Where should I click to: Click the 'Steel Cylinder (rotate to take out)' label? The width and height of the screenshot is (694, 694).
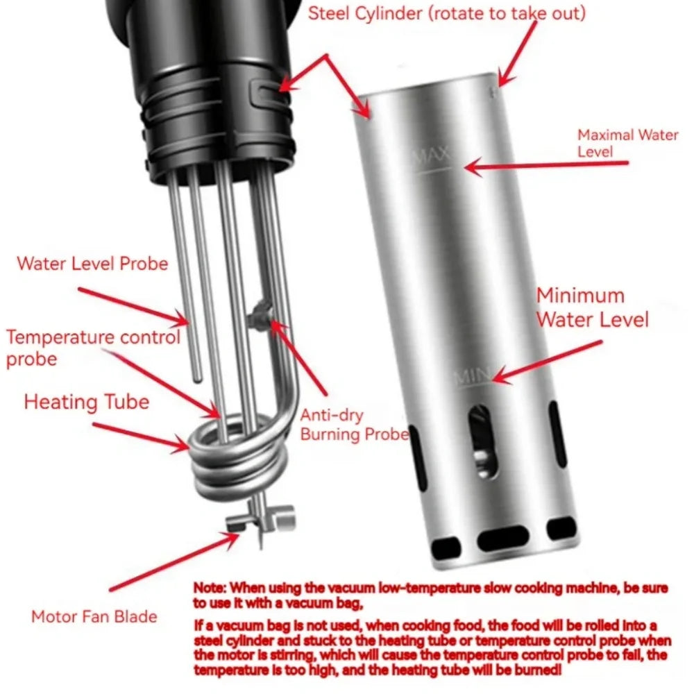pyautogui.click(x=446, y=14)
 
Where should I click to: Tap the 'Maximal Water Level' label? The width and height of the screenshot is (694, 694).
pyautogui.click(x=627, y=143)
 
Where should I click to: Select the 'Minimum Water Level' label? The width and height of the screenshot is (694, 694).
pyautogui.click(x=592, y=307)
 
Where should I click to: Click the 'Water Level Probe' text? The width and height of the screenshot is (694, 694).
pyautogui.click(x=92, y=263)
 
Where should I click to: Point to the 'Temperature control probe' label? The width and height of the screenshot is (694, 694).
pyautogui.click(x=94, y=348)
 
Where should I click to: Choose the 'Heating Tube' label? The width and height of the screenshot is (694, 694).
pyautogui.click(x=87, y=402)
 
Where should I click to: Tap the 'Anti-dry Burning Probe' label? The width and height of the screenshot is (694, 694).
pyautogui.click(x=354, y=425)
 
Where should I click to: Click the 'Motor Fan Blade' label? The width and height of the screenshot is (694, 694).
pyautogui.click(x=94, y=616)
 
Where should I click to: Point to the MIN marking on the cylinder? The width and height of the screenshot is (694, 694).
pyautogui.click(x=472, y=377)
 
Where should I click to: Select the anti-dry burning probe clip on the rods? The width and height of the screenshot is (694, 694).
pyautogui.click(x=260, y=315)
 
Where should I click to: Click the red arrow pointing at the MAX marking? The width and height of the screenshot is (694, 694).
pyautogui.click(x=546, y=166)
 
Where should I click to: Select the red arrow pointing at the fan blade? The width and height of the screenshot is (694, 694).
pyautogui.click(x=174, y=561)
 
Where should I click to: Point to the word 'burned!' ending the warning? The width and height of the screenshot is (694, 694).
pyautogui.click(x=537, y=670)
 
